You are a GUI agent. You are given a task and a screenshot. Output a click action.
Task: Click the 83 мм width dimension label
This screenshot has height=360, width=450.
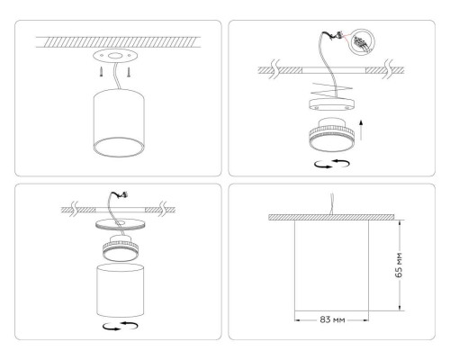[333, 319]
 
